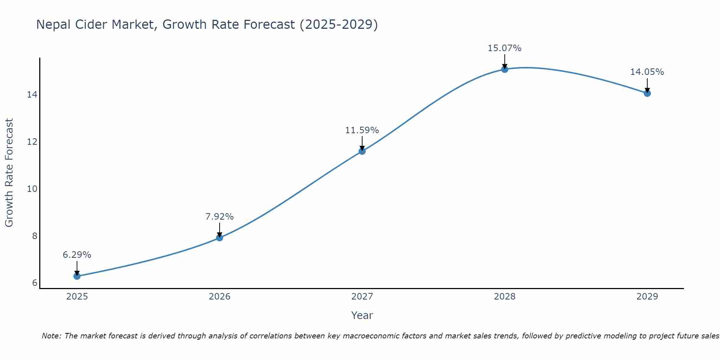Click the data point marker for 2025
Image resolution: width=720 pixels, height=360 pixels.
click(x=77, y=276)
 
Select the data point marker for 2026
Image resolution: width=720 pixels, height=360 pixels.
click(x=220, y=238)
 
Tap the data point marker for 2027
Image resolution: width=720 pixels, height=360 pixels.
click(x=362, y=151)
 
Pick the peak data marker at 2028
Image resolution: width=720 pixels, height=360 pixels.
click(x=505, y=69)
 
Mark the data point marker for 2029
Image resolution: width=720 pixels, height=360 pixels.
click(x=647, y=93)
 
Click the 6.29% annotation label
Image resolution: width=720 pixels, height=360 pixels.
click(x=77, y=255)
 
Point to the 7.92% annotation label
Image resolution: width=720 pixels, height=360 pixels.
click(x=220, y=217)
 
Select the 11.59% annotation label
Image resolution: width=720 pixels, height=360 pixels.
click(x=362, y=130)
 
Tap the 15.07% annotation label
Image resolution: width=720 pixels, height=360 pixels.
click(x=505, y=48)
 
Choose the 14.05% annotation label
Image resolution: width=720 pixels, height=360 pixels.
click(x=647, y=72)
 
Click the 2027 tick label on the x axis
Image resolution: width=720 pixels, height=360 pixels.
click(x=362, y=297)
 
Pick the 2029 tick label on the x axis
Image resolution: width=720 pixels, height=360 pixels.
click(x=647, y=297)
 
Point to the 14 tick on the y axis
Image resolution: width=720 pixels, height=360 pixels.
click(x=32, y=95)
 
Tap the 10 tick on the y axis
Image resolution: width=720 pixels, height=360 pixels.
click(x=32, y=189)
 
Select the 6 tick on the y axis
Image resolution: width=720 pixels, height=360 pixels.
click(x=35, y=283)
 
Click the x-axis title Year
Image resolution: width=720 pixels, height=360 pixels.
click(x=362, y=315)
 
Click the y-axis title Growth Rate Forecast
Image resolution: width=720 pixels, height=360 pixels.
click(x=9, y=173)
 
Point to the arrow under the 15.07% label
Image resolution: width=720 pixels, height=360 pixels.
click(x=505, y=62)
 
